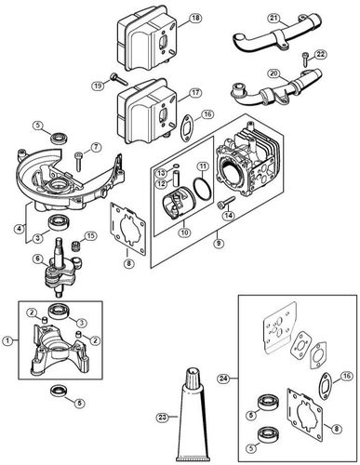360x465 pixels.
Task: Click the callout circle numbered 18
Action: [x=195, y=19]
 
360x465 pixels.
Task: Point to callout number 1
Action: [x=8, y=340]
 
